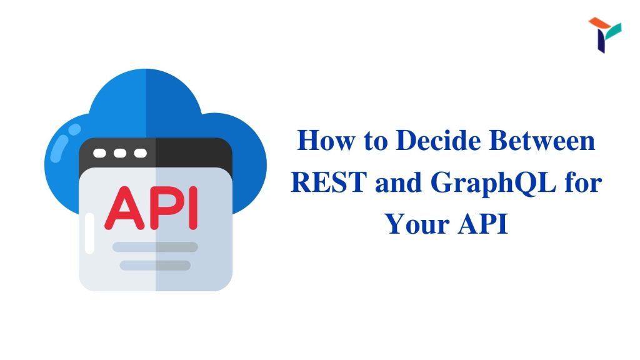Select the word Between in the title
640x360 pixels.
542,141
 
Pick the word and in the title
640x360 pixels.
398,182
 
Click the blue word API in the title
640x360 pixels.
483,224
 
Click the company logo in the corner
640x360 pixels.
604,35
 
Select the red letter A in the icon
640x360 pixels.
124,207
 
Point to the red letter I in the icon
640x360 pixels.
193,208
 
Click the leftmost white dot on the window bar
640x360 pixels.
99,153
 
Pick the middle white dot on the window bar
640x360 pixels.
119,153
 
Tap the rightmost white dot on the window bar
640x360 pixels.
140,153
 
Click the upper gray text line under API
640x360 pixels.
155,247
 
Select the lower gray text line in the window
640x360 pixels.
155,265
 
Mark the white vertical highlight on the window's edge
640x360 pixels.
89,233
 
